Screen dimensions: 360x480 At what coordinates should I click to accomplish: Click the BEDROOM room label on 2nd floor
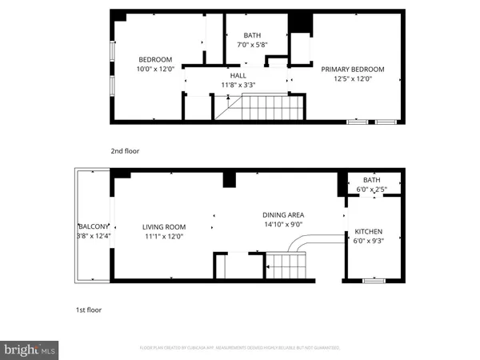tap(155, 59)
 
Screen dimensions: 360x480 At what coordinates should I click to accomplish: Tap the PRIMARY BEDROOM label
tap(353, 69)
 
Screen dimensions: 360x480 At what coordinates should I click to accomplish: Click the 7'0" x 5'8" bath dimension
tap(252, 44)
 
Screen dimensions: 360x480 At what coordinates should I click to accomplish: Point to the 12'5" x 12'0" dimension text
tap(353, 79)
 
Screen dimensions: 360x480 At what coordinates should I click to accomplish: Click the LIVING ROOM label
tap(163, 226)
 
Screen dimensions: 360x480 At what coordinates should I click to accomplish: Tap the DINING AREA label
tap(283, 214)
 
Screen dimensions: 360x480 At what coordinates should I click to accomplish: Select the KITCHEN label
tap(369, 232)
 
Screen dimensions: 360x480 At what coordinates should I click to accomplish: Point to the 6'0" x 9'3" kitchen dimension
tap(369, 242)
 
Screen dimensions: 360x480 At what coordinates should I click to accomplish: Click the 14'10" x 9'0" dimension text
tap(283, 224)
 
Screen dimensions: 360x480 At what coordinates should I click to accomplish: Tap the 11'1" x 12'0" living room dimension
tap(163, 236)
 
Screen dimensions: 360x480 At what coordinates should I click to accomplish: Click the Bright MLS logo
tap(31, 349)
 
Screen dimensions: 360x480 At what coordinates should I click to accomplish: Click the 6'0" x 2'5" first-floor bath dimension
tap(372, 189)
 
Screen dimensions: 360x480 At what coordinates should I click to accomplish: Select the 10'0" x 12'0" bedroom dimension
tap(155, 69)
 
